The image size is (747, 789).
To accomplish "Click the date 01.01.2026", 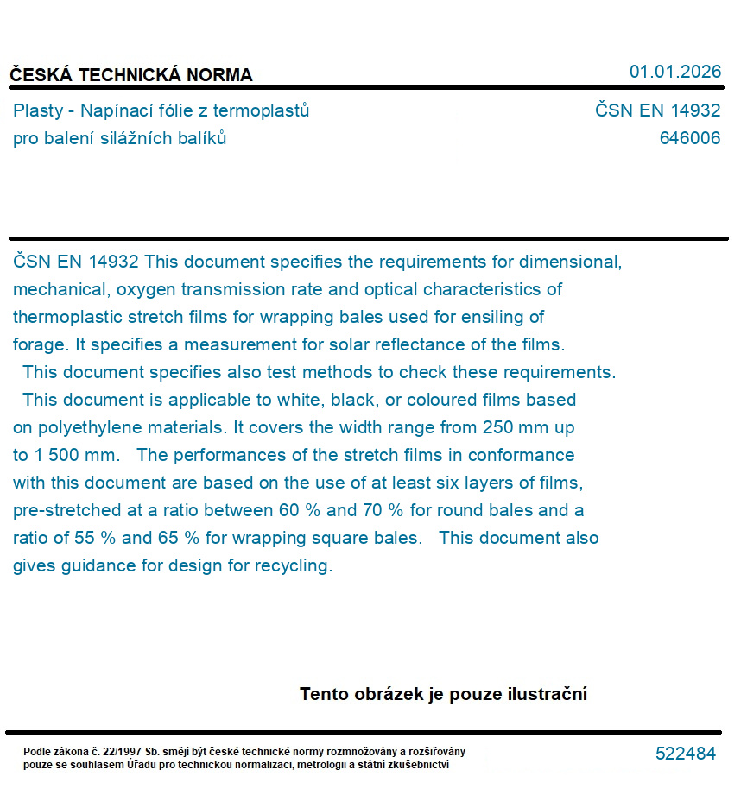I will point(674,72).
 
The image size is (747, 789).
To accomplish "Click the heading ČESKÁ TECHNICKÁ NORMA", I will point(131,75).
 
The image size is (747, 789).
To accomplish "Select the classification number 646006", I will point(689,138).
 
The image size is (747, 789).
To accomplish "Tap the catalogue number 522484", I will point(685,754).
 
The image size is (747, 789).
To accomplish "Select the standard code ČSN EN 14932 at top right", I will point(657,110).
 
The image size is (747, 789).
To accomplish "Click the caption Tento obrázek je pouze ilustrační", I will point(443,694).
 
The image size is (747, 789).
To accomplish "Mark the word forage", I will point(39,344).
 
